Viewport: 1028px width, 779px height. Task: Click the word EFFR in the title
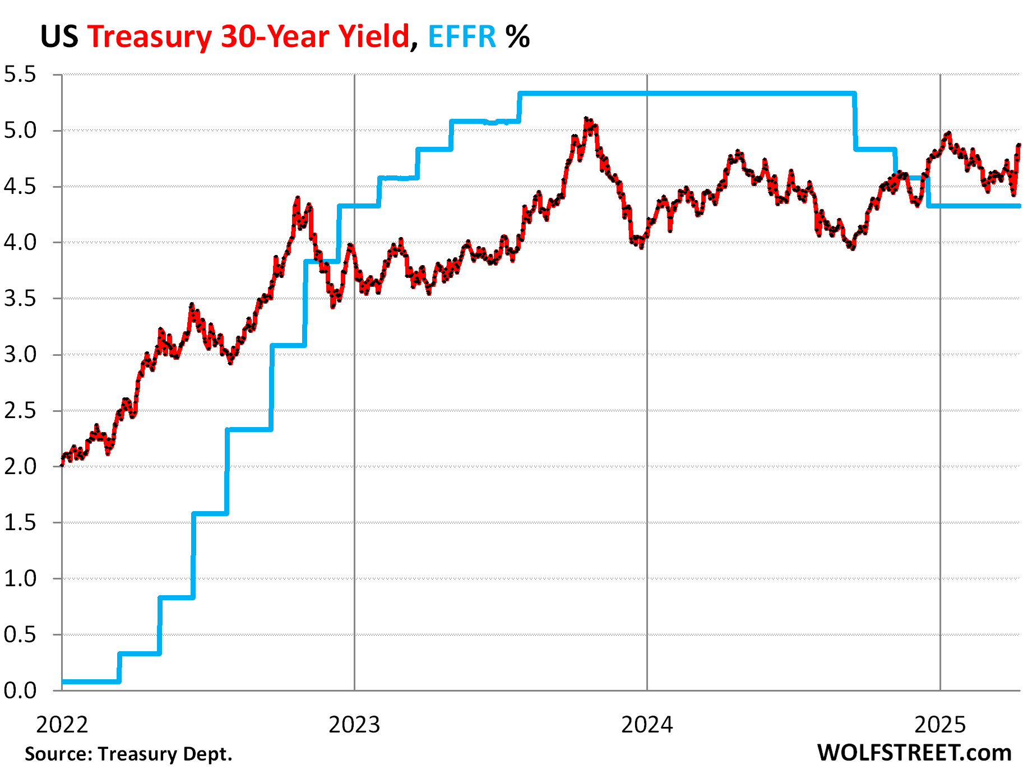pos(462,36)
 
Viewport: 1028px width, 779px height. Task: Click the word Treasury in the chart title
pos(149,36)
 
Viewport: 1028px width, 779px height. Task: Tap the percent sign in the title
pos(517,36)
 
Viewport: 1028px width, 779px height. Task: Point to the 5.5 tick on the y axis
pos(20,75)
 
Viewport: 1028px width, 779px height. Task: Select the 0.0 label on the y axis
pos(20,690)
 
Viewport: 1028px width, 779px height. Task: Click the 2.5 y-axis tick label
pos(20,411)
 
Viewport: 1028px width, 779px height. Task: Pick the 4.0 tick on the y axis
pos(20,243)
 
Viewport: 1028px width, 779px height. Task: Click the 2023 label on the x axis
pos(354,725)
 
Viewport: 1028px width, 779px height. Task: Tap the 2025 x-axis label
pos(940,725)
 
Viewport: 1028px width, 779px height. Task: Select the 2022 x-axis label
pos(62,725)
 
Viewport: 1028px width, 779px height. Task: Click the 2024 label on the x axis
pos(647,725)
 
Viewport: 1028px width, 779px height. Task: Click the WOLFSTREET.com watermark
pos(914,753)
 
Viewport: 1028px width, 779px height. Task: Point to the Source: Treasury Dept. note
pos(128,754)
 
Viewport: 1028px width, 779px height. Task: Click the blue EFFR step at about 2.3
pos(249,429)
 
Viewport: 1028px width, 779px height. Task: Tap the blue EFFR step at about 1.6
pos(210,513)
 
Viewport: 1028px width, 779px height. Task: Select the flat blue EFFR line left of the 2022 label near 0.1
pos(90,681)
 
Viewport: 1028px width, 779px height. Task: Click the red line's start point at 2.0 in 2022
pos(62,465)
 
